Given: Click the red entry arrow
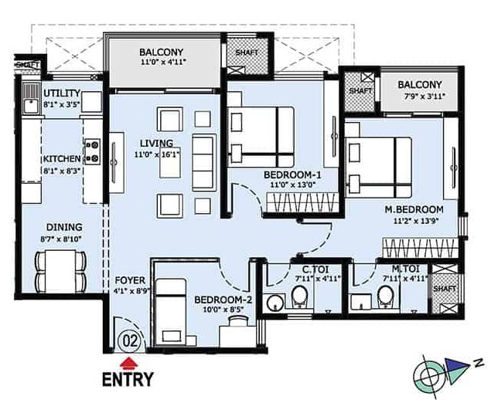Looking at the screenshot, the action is coord(129,362).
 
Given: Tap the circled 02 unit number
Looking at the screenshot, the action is coord(131,340).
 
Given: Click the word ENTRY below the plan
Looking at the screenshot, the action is coord(128,379).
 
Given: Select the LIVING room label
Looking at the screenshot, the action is coord(156,143).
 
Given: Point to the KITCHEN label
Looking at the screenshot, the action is coord(62,158).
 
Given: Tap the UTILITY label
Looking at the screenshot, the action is coord(62,93).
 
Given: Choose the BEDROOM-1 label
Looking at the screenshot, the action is coord(292,174).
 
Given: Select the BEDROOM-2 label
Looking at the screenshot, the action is coord(223,300).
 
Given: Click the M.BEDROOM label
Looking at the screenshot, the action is coord(414,209).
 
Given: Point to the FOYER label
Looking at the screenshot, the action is coord(130,279).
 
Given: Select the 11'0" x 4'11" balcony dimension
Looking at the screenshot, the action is coord(163,62).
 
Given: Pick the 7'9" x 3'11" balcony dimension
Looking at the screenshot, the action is coord(424,97).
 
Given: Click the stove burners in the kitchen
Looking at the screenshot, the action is coord(93,151).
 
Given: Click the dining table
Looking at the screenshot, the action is coord(60,270).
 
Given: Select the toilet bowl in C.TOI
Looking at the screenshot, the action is coord(300,296).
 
